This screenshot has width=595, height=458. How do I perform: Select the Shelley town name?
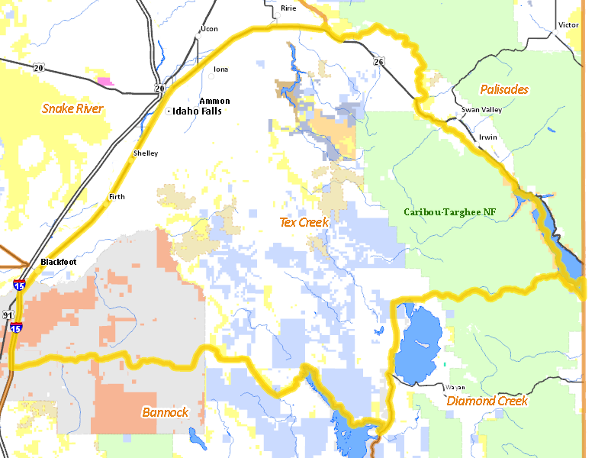click(x=146, y=153)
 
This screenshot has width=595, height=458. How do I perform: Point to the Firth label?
click(x=117, y=197)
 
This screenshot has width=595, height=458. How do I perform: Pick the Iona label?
click(x=220, y=69)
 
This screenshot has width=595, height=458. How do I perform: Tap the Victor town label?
click(x=568, y=25)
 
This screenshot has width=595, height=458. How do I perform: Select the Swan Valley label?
click(x=481, y=110)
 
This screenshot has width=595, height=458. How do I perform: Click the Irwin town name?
click(x=487, y=137)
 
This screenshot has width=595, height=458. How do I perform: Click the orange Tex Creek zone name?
click(x=304, y=222)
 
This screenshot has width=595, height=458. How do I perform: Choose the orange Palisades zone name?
click(x=503, y=89)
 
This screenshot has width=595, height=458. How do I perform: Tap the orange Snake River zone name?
click(x=72, y=108)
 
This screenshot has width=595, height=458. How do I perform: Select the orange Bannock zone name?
click(x=165, y=412)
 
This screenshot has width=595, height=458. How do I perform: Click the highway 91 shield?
click(x=7, y=314)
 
